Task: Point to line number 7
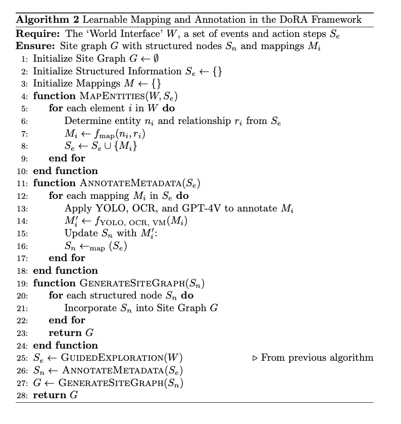point(24,134)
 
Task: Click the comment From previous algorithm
point(317,358)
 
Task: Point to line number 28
point(22,395)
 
